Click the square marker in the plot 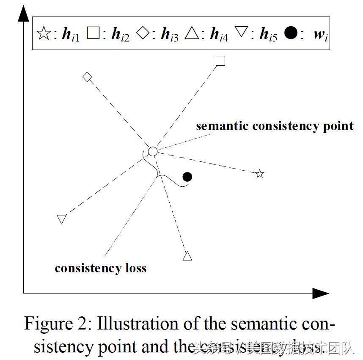coord(220,61)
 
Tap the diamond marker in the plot coord(87,77)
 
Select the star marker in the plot coord(260,174)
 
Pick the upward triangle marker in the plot coord(187,256)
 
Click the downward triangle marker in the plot coord(62,219)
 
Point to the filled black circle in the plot coord(187,177)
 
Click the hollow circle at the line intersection coord(153,151)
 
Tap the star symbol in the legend coord(44,34)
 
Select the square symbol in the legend coord(92,33)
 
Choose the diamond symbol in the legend coord(143,33)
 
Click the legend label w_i coord(321,35)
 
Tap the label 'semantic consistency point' coord(275,126)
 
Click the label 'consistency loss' coord(100,268)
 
